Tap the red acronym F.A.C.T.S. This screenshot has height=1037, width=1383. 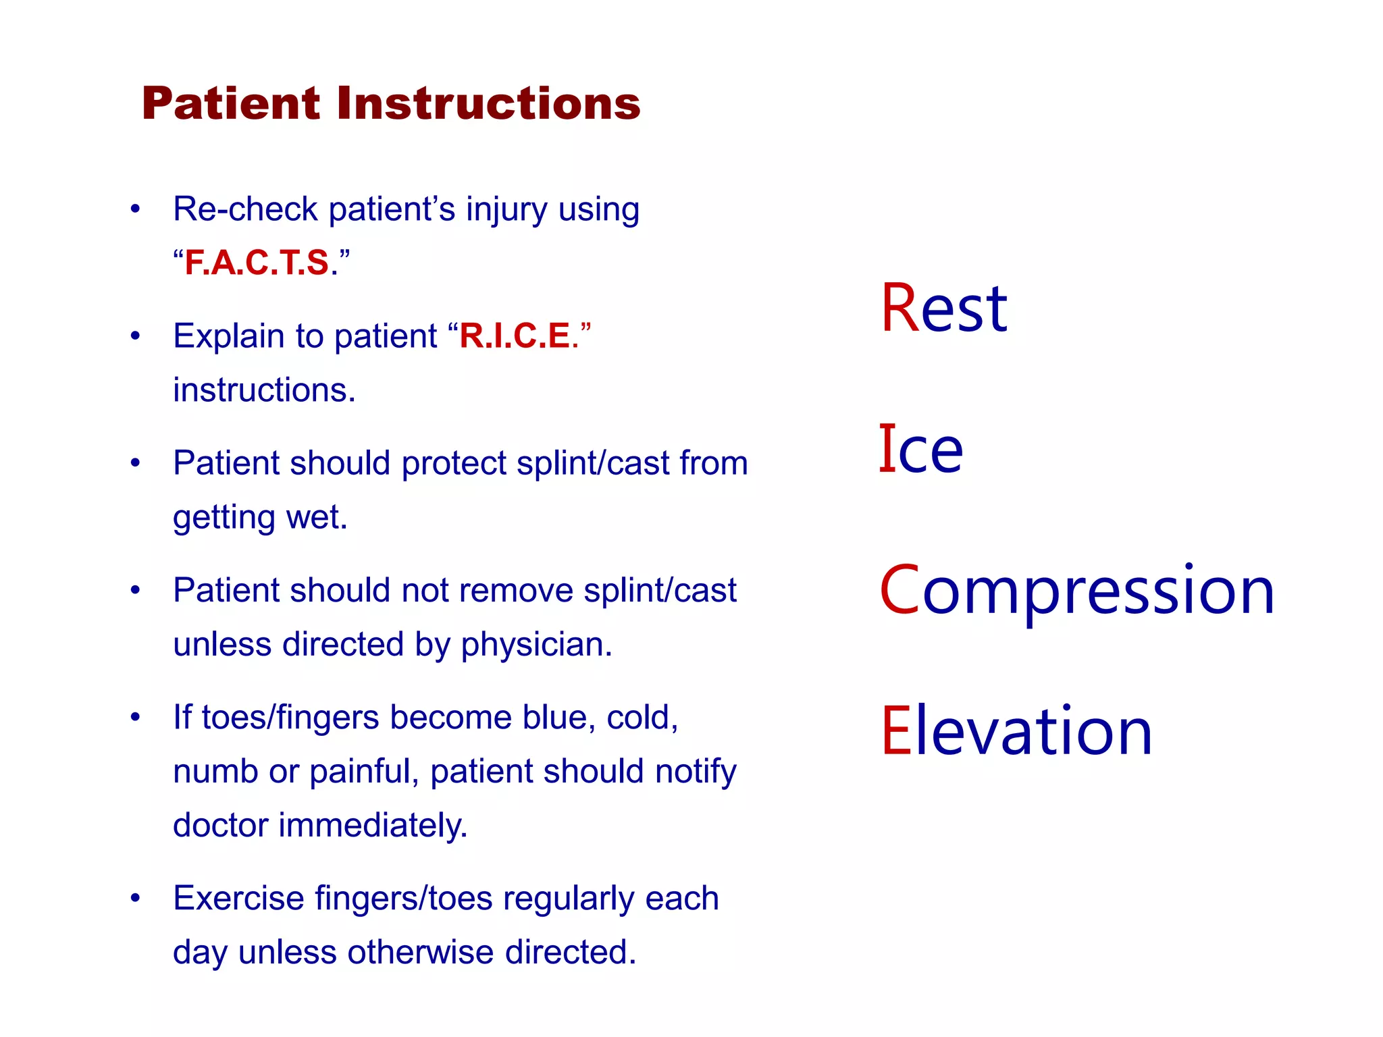pos(257,263)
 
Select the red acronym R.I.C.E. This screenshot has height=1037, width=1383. pos(515,336)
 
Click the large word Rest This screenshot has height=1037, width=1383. pos(943,309)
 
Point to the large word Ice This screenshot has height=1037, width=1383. pos(920,450)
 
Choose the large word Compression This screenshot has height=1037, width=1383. pos(1076,591)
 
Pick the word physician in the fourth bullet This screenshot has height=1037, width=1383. pos(536,644)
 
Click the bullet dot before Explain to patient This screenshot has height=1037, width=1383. pos(135,336)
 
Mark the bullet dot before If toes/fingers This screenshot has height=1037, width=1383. pos(135,716)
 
